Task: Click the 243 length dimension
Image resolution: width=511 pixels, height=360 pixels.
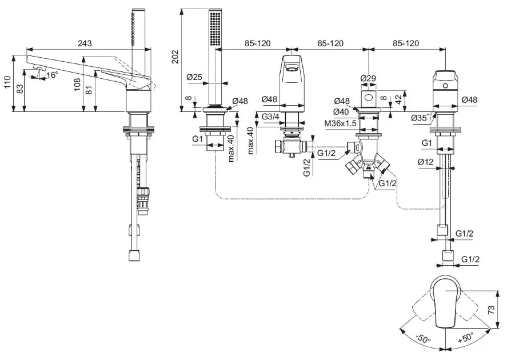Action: [x=85, y=43]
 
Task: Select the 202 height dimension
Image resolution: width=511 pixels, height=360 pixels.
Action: [x=175, y=57]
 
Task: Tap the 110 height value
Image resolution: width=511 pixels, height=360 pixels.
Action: [x=7, y=84]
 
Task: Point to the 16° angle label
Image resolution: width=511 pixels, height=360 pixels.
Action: [x=52, y=75]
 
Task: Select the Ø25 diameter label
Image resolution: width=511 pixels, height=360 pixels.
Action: [x=195, y=77]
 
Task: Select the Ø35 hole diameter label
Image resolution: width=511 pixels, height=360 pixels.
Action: [x=422, y=117]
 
